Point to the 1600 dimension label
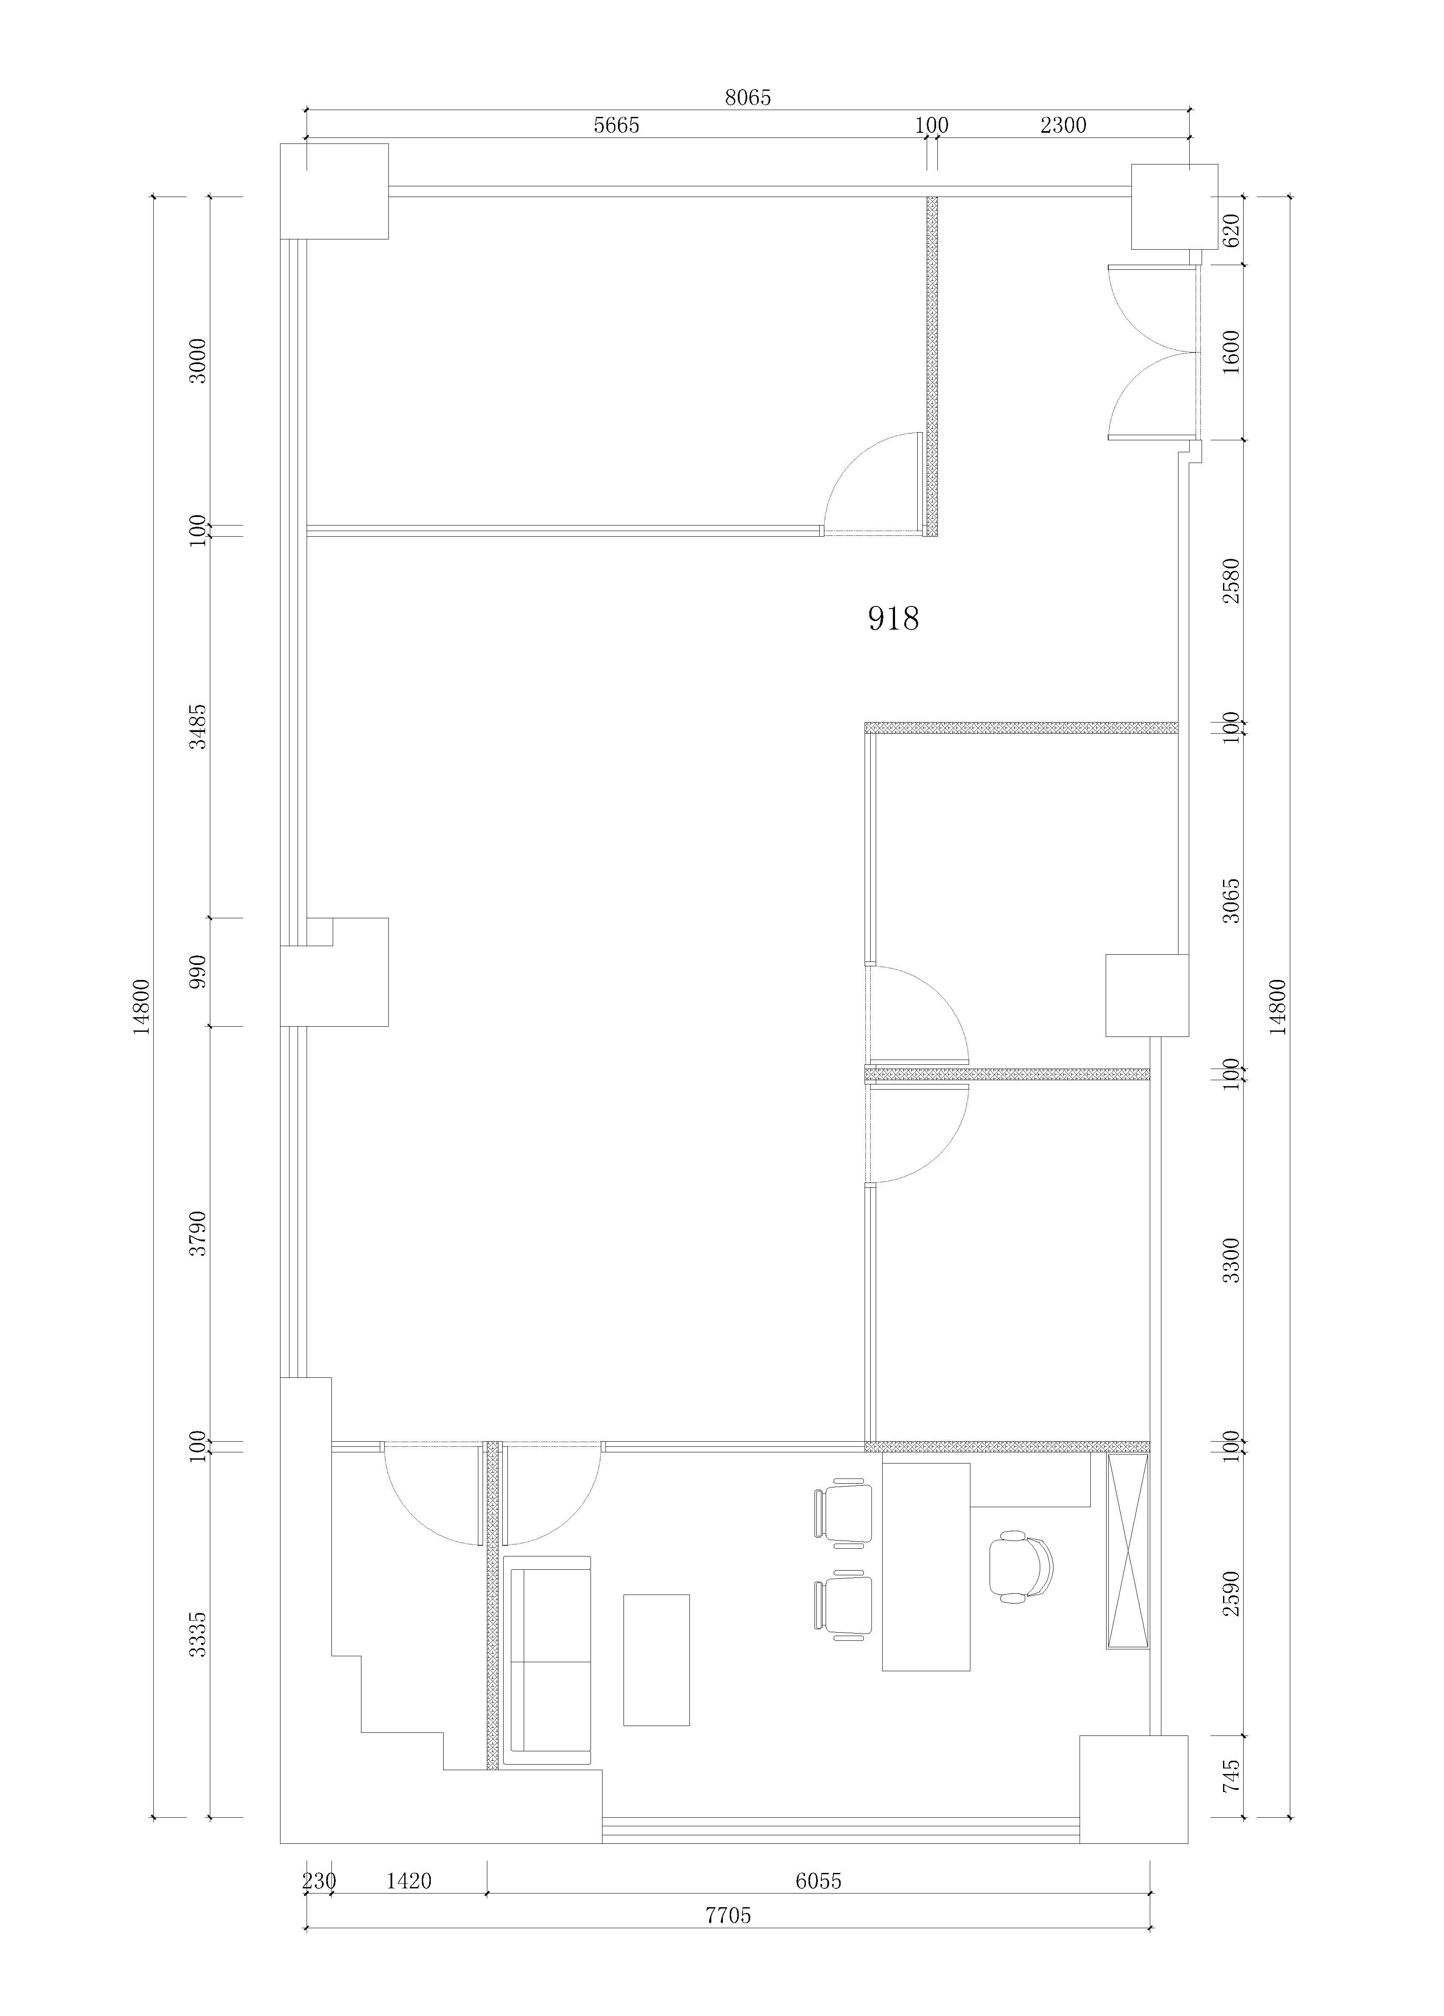(1231, 352)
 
